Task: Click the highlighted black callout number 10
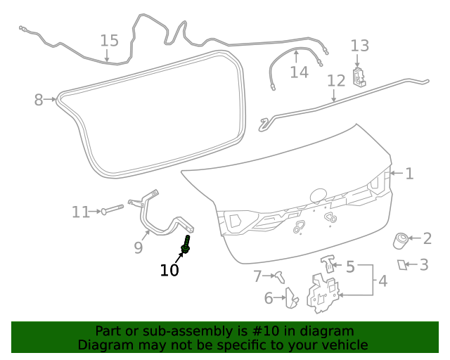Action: [x=169, y=270]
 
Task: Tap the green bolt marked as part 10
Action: [x=186, y=247]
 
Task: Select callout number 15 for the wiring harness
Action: [x=109, y=40]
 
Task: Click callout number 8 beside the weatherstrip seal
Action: [x=39, y=100]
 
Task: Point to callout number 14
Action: [x=299, y=72]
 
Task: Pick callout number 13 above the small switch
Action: [x=359, y=46]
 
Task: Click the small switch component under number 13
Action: [x=360, y=75]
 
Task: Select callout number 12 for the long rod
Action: [x=336, y=80]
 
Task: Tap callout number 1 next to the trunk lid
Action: [x=409, y=173]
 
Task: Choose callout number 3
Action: [x=424, y=264]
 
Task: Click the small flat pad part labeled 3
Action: [x=403, y=264]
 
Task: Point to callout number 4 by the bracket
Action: [x=382, y=281]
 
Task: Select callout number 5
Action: [x=349, y=266]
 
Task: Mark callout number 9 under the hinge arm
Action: [x=139, y=247]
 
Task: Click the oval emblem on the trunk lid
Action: [x=319, y=193]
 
